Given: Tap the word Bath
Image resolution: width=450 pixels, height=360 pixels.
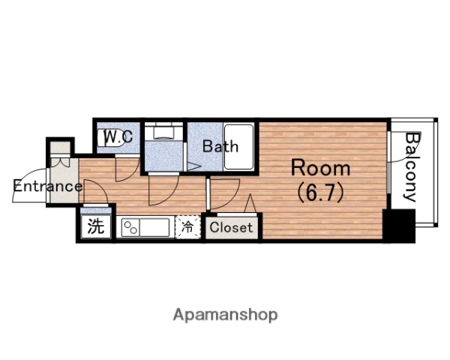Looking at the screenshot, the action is pyautogui.click(x=220, y=146).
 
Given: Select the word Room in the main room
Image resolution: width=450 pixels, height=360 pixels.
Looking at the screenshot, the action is pyautogui.click(x=320, y=168).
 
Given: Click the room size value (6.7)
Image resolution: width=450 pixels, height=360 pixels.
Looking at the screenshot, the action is pyautogui.click(x=320, y=193).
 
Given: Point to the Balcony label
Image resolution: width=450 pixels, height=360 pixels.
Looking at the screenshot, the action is pyautogui.click(x=412, y=167).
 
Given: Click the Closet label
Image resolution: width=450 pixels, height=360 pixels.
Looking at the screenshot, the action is pyautogui.click(x=231, y=227).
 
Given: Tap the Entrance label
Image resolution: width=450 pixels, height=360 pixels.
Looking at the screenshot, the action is pyautogui.click(x=48, y=186).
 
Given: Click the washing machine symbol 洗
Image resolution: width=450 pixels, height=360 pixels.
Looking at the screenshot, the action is pyautogui.click(x=95, y=226).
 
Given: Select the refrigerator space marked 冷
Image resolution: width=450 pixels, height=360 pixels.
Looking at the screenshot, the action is pyautogui.click(x=187, y=226).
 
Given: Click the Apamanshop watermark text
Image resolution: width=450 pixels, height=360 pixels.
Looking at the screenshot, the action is pyautogui.click(x=225, y=315).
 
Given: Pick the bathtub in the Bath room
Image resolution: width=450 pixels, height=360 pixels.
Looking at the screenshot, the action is pyautogui.click(x=238, y=147).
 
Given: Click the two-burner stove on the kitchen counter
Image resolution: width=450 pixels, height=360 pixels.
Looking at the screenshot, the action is pyautogui.click(x=130, y=228).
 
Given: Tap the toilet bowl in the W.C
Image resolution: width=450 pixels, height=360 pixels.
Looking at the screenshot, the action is pyautogui.click(x=110, y=138).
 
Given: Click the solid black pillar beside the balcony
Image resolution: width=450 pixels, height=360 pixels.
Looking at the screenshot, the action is pyautogui.click(x=399, y=226).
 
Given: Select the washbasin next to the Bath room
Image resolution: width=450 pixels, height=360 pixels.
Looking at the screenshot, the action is pyautogui.click(x=163, y=133).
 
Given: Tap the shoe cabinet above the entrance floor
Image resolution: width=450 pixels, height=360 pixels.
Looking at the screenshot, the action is pyautogui.click(x=60, y=148).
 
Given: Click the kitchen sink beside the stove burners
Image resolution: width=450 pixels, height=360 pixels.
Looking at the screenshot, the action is pyautogui.click(x=154, y=228).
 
